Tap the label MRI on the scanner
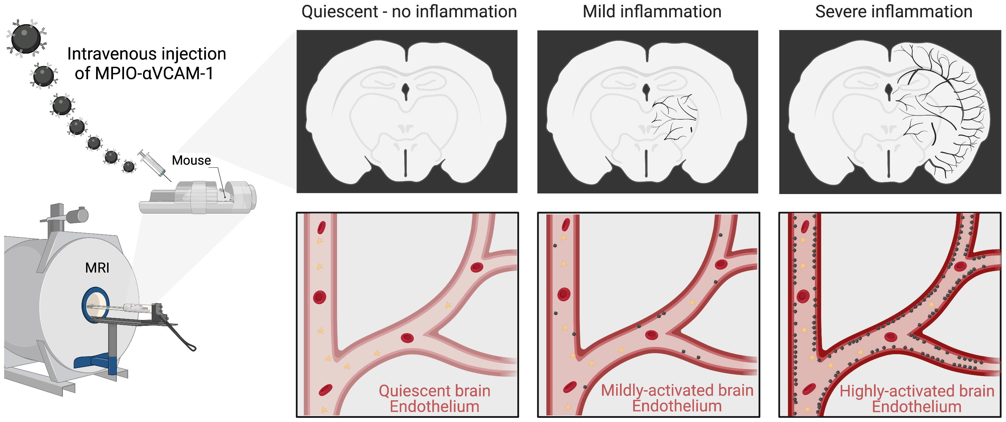click(x=97, y=268)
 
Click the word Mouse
click(x=191, y=160)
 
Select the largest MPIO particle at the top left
click(x=26, y=38)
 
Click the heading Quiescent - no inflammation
click(x=409, y=12)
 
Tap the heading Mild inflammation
click(x=652, y=12)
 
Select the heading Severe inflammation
click(x=894, y=12)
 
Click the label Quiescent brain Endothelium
click(x=434, y=398)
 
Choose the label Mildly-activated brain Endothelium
click(x=677, y=398)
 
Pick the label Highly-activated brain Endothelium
click(x=916, y=398)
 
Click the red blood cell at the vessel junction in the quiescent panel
click(x=407, y=338)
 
